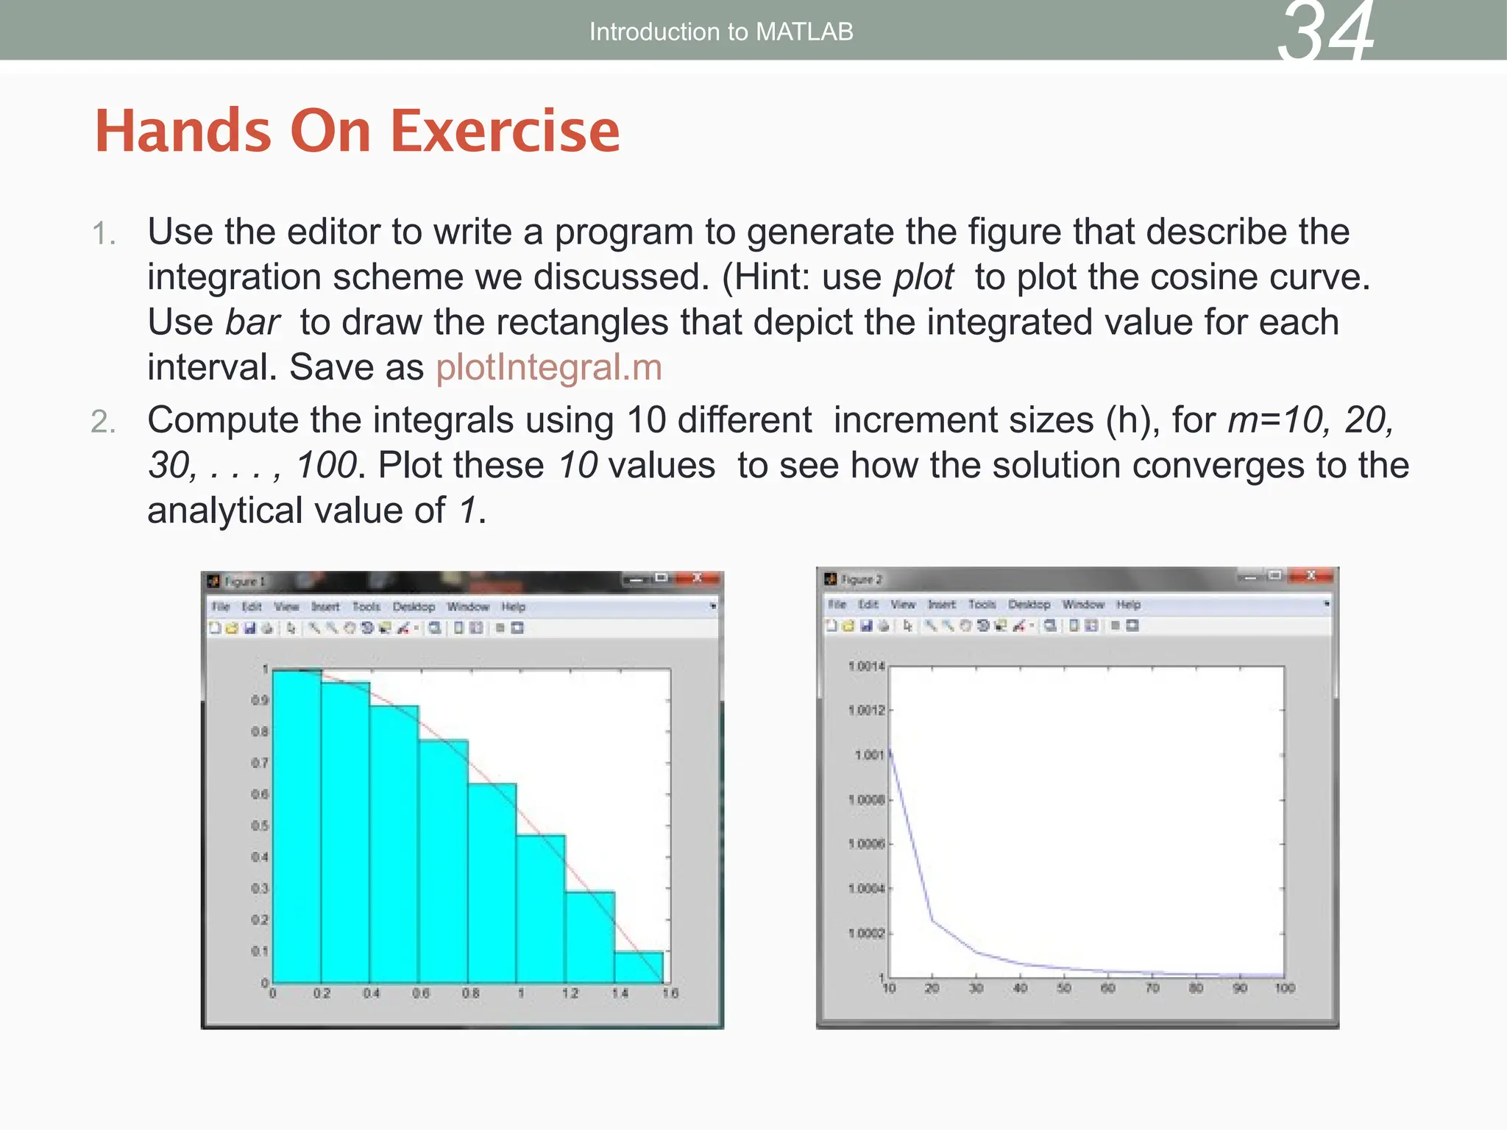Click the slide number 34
(1325, 33)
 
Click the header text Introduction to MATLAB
(720, 32)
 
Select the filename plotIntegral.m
(549, 367)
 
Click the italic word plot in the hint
(923, 277)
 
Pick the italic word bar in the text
(252, 322)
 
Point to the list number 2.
(103, 422)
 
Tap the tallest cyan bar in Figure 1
(297, 824)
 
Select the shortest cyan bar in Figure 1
(638, 967)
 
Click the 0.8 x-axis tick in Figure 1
(470, 993)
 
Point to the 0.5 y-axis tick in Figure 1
(260, 826)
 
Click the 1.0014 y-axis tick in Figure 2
(866, 667)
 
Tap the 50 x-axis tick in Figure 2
(1064, 988)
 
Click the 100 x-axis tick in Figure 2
(1285, 988)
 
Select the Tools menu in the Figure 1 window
(366, 607)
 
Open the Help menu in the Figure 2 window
(1128, 605)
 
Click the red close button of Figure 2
(1311, 576)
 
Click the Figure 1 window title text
(244, 582)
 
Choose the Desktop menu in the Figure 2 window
(1029, 605)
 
